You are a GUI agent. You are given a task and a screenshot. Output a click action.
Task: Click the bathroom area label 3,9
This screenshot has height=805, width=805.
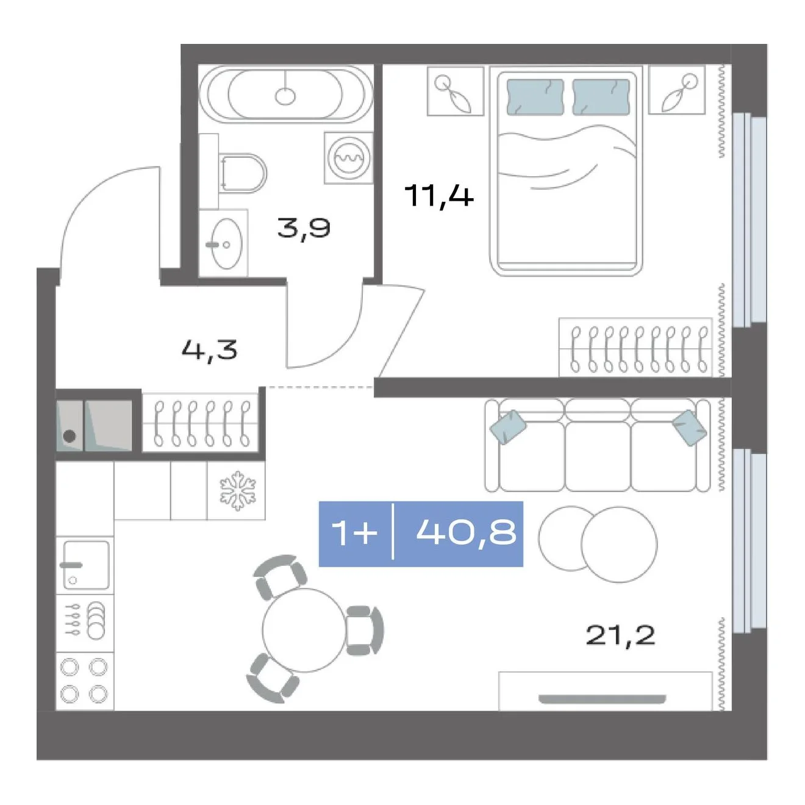[x=304, y=228]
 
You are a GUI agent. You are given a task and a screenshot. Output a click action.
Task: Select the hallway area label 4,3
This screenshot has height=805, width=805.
[x=210, y=349]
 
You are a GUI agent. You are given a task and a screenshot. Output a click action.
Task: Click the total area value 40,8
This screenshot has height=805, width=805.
[x=466, y=534]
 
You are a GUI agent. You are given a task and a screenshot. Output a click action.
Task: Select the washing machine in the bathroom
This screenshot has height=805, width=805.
[x=348, y=158]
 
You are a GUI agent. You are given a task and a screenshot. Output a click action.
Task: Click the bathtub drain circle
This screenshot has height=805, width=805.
[x=285, y=96]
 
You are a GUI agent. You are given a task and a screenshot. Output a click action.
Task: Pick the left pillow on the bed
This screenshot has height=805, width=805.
[x=535, y=96]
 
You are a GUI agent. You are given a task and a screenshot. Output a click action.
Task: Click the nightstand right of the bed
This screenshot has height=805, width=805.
[x=677, y=90]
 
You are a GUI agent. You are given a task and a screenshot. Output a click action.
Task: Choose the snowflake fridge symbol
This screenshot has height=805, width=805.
[x=238, y=492]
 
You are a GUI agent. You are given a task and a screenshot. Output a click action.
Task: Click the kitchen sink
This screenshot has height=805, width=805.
[x=86, y=565]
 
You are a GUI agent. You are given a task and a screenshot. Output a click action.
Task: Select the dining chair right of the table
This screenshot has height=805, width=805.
[x=364, y=631]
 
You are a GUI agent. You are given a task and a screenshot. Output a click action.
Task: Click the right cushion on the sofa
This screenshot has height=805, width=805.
[x=689, y=428]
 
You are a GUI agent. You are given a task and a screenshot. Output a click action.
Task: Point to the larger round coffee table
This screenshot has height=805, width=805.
[x=619, y=545]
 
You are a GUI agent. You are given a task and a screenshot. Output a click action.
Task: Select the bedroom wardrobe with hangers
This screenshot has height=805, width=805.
[x=635, y=347]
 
